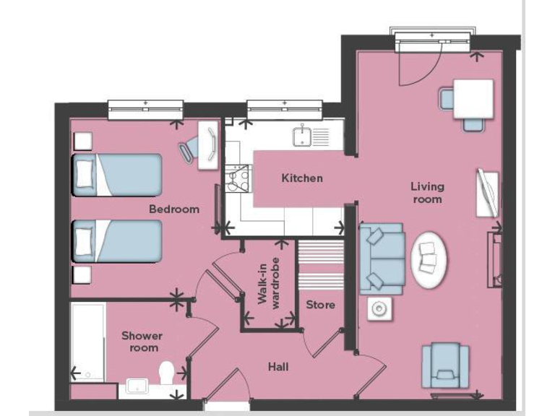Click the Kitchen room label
tap(302, 178)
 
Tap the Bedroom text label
tap(174, 209)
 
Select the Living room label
tap(427, 193)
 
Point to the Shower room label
tap(142, 342)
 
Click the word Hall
tap(278, 368)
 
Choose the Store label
tap(320, 305)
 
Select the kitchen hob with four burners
tap(238, 178)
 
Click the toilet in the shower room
tap(166, 374)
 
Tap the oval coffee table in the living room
tap(429, 259)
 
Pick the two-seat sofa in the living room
tap(380, 257)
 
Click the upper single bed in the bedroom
tap(116, 174)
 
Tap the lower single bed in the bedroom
tap(116, 241)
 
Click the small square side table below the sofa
tap(379, 309)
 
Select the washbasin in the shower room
tap(137, 384)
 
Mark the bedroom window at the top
tap(145, 109)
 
